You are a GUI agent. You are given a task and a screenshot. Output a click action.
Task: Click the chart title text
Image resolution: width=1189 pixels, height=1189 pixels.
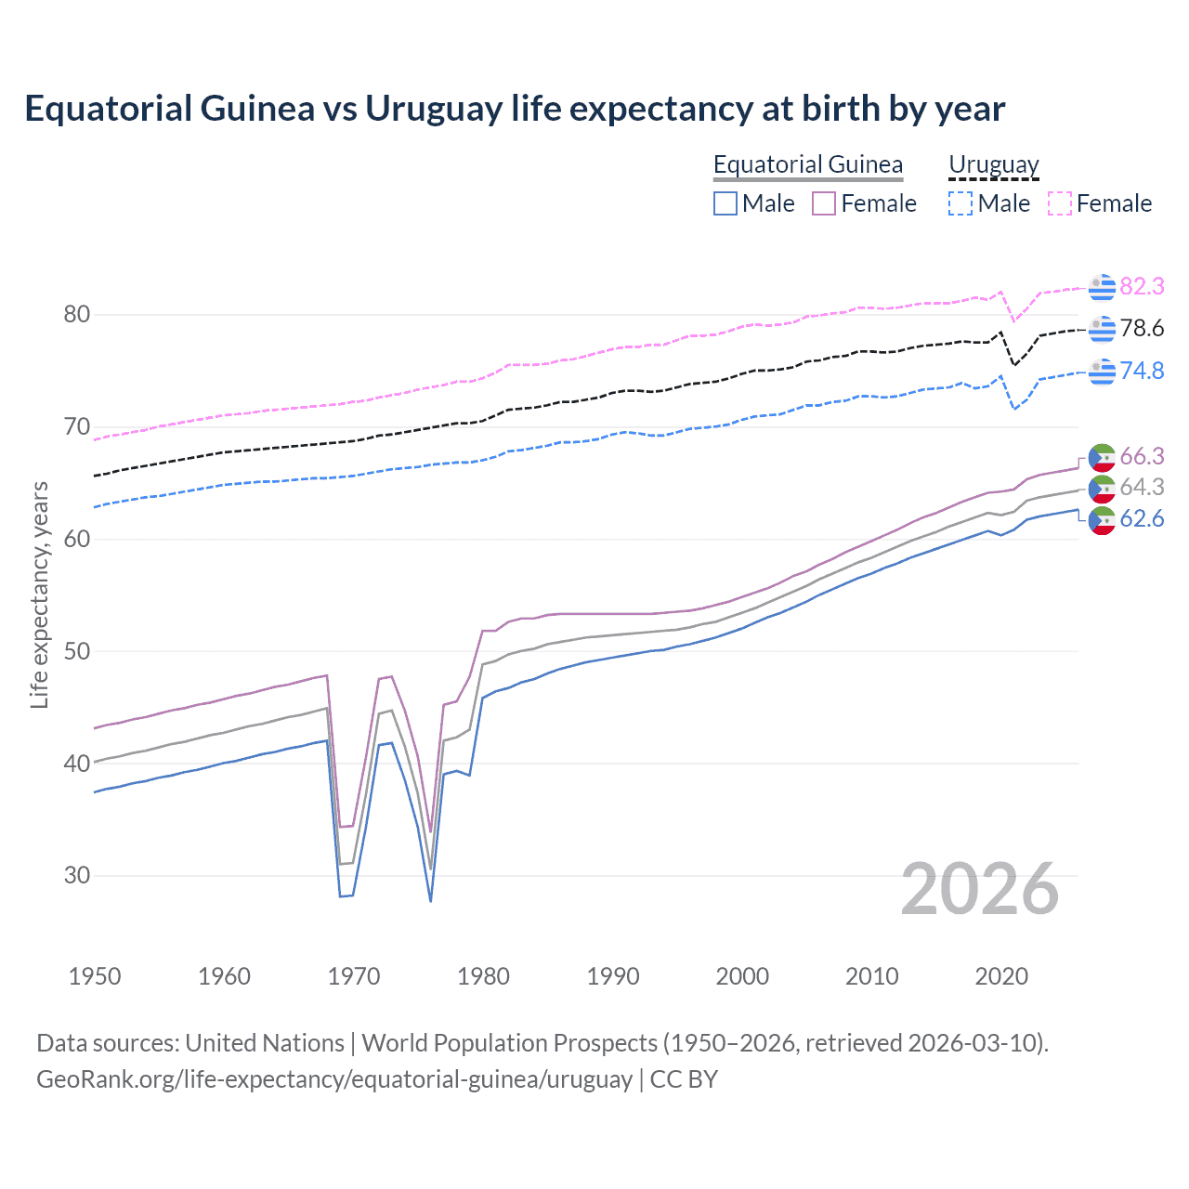(515, 109)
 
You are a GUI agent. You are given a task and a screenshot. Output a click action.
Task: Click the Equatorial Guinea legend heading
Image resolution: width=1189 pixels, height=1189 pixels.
(807, 164)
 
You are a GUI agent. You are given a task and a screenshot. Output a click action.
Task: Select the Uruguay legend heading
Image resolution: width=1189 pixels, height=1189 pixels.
(993, 164)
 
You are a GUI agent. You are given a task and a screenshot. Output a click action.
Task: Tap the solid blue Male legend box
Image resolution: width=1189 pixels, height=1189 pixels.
(725, 203)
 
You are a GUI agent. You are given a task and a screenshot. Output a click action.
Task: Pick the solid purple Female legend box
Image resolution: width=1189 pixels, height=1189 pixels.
(824, 203)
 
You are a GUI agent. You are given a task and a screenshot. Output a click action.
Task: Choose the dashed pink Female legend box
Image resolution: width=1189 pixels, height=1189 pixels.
(1060, 203)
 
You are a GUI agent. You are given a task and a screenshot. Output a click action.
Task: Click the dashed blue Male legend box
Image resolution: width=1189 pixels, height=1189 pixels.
(960, 203)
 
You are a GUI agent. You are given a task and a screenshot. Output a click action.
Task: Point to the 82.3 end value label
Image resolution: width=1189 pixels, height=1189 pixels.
(1142, 286)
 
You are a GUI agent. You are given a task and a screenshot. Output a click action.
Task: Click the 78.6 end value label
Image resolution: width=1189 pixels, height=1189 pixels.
(1142, 328)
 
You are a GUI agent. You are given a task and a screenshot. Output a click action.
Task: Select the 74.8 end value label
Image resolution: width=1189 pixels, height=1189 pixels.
(1142, 371)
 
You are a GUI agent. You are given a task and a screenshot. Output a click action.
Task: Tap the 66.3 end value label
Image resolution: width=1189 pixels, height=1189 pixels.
(1142, 456)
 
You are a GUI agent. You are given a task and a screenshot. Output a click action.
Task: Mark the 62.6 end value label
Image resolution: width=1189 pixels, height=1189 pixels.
(1142, 518)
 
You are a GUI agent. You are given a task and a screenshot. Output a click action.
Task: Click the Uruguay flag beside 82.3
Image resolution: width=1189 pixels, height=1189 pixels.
(1102, 287)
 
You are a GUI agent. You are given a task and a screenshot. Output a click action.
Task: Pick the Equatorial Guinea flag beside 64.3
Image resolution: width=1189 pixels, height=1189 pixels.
(1102, 488)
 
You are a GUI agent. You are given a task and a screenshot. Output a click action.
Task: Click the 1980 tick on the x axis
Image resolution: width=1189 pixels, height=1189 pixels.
(483, 976)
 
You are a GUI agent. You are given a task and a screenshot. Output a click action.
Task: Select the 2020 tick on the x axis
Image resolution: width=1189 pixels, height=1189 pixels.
(1001, 976)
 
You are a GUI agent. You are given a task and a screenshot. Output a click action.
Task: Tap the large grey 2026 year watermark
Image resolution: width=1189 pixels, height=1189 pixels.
(979, 889)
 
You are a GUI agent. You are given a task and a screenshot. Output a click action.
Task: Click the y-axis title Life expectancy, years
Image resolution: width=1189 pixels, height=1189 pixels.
(39, 594)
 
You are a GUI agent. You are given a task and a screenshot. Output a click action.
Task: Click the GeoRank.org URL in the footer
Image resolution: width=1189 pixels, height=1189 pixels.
(334, 1079)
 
